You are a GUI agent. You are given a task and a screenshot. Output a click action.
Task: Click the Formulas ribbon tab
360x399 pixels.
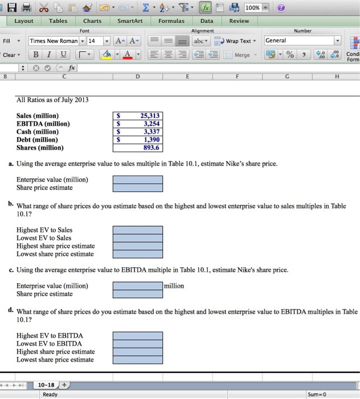[171, 21]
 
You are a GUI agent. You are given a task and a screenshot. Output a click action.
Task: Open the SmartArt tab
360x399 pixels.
[129, 21]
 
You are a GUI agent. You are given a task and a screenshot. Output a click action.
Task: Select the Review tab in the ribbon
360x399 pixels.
[239, 21]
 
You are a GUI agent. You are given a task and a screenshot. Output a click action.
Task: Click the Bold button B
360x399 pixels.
[35, 55]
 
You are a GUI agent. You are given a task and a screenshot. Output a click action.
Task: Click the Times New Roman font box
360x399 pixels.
[54, 41]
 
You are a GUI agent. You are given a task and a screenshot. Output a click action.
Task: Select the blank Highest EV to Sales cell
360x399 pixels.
[137, 230]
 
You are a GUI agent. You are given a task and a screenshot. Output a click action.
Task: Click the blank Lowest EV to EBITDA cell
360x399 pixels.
[137, 344]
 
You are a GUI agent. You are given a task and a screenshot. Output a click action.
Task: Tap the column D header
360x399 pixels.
[138, 76]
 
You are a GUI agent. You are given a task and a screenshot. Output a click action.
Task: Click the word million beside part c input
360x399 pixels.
[174, 286]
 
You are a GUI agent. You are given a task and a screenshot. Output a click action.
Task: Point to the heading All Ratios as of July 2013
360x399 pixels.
[52, 100]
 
